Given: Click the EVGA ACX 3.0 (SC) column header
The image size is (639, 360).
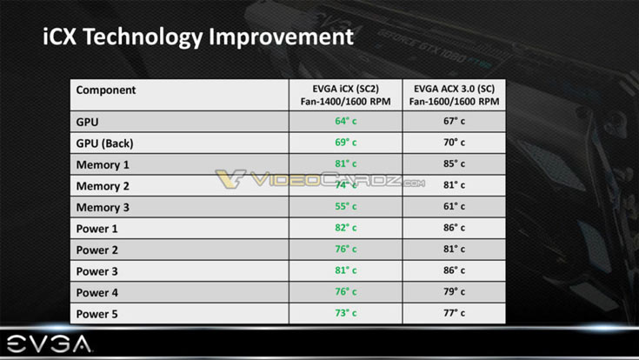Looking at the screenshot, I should coord(454,96).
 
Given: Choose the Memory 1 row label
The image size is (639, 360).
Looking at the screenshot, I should coord(103,164).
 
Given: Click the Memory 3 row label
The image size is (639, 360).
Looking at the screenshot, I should coord(103,207).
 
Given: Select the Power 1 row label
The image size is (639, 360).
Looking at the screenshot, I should coord(97,229).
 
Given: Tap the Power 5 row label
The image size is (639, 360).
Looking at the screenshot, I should coord(97,313).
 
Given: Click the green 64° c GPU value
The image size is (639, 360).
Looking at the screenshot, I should coord(346,122).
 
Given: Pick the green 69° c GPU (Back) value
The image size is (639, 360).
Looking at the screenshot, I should coord(346,143).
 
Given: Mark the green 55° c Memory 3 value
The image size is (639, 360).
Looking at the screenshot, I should coord(346,207).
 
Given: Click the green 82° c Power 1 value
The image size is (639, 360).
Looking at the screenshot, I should coord(346,229).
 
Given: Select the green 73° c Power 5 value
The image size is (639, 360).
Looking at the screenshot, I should coord(346,313).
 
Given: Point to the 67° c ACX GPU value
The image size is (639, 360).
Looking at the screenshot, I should coord(455,122).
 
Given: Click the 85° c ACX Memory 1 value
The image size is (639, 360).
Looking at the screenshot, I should coord(455,164).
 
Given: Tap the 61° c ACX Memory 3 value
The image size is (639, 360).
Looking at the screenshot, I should coord(455,207).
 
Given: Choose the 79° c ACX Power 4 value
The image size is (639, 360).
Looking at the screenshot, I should coord(455,292).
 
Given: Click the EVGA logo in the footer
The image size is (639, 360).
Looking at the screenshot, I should coord(47,343).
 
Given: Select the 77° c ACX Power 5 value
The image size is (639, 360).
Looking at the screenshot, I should coord(455,313).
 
